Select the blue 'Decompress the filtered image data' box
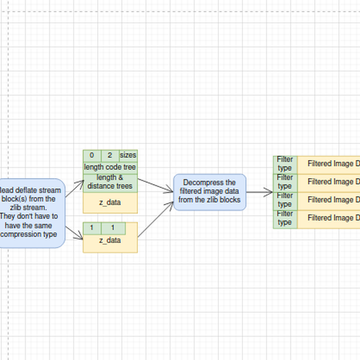[209, 191]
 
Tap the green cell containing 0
[91, 155]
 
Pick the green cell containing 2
[110, 155]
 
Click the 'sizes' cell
[128, 155]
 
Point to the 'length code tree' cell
[110, 167]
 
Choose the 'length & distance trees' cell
[110, 182]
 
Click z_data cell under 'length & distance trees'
[110, 203]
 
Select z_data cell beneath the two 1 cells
[110, 241]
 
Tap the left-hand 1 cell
[91, 228]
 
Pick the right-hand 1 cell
[113, 228]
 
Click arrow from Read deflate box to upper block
[74, 188]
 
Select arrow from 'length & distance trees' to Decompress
[155, 185]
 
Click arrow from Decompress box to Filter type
[259, 193]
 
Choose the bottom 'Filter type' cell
[285, 218]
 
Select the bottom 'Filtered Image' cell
[330, 218]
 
